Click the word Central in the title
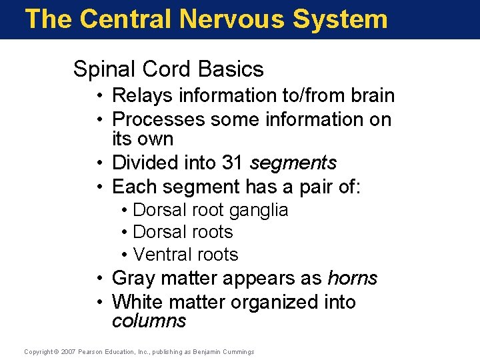[123, 19]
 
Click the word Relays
[142, 96]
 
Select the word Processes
[159, 119]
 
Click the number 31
[233, 163]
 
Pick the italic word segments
[293, 163]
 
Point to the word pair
[313, 186]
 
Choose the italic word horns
[353, 278]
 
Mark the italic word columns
[149, 321]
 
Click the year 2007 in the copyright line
[69, 351]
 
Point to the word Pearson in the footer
[92, 351]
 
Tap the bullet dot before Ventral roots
[125, 255]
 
